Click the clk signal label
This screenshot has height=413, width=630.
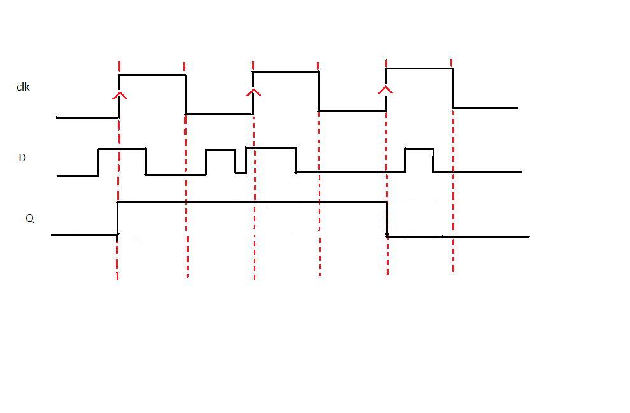coord(23,87)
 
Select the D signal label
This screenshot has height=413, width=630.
coord(22,157)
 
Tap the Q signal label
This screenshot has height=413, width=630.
coord(29,218)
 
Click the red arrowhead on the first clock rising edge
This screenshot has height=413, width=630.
coord(119,96)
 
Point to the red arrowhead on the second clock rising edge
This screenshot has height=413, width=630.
coord(254,92)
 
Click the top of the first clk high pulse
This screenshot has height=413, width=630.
coord(152,75)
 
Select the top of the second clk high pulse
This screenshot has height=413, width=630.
coord(285,71)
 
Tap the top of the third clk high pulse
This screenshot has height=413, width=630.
coord(419,68)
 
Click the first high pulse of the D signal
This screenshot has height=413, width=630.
coord(122,149)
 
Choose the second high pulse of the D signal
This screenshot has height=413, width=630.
coord(220,150)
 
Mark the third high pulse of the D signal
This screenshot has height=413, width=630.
coord(271,147)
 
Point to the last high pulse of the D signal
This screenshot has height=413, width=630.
coord(419,149)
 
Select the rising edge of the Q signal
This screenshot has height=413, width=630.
coord(118,219)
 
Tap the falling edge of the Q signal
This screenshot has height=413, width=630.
coord(387,219)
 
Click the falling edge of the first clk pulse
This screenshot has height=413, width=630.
coord(185,94)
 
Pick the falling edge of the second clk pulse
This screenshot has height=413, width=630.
coord(319,91)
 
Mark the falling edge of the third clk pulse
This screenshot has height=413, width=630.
coord(452,88)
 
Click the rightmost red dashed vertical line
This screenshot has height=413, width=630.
coord(453,191)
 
